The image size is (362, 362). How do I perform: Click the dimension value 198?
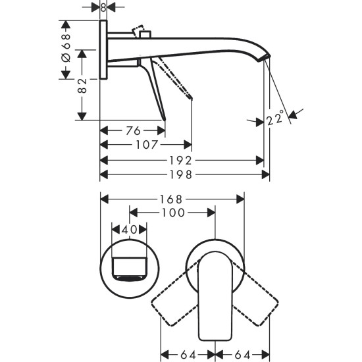pyautogui.click(x=184, y=175)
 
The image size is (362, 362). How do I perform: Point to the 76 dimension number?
pyautogui.click(x=132, y=130)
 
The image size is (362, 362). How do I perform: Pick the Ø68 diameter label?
pyautogui.click(x=65, y=50)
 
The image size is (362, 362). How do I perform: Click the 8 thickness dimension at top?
pyautogui.click(x=103, y=7)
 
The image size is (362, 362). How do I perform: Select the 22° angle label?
pyautogui.click(x=276, y=118)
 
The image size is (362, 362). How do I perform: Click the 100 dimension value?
pyautogui.click(x=172, y=213)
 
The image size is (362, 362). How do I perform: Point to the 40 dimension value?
pyautogui.click(x=128, y=229)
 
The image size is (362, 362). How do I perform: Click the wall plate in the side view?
pyautogui.click(x=103, y=50)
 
